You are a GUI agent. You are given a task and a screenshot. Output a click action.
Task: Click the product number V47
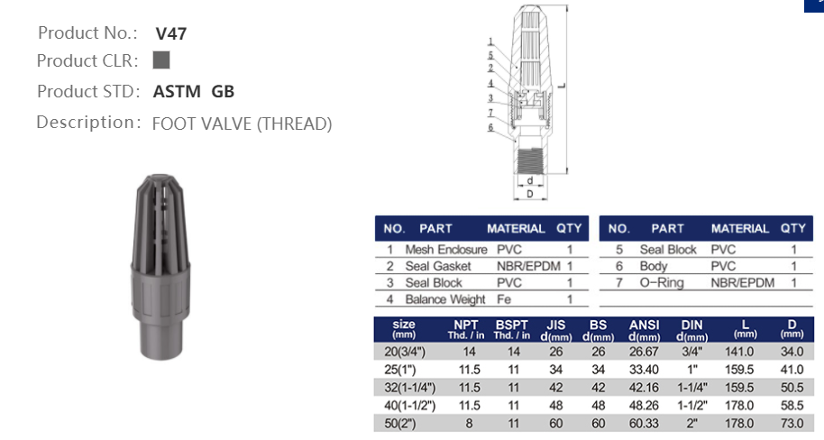170,34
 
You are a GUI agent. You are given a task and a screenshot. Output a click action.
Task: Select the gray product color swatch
161,60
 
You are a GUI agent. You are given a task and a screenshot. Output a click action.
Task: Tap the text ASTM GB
194,91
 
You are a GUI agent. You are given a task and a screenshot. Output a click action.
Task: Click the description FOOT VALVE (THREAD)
242,124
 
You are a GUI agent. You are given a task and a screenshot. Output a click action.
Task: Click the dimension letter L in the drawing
561,87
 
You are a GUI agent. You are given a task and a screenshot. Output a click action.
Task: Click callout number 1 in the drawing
490,41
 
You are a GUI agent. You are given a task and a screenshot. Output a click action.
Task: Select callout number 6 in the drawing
490,127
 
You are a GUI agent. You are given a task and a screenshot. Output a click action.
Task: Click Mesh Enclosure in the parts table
445,250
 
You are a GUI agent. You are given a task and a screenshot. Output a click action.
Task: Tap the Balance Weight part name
445,298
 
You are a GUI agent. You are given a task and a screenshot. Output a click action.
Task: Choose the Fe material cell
503,298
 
